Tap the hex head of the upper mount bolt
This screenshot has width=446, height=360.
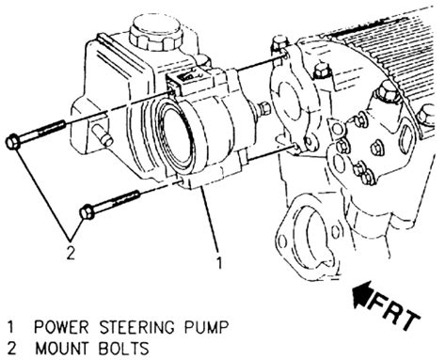(13, 142)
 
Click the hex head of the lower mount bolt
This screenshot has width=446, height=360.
(88, 212)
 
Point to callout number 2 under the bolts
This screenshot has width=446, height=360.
(71, 253)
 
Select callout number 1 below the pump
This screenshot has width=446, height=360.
(219, 262)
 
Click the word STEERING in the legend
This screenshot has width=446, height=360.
(136, 327)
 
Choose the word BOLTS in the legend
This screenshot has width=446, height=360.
(123, 349)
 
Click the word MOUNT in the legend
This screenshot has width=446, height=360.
(61, 349)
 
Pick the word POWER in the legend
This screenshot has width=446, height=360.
(61, 327)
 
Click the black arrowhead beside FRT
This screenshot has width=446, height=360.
(362, 295)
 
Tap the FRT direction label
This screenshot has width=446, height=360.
(396, 312)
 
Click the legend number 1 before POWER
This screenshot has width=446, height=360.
(11, 327)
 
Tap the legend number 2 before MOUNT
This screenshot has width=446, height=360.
(11, 349)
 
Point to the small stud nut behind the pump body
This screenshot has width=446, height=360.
(264, 108)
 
